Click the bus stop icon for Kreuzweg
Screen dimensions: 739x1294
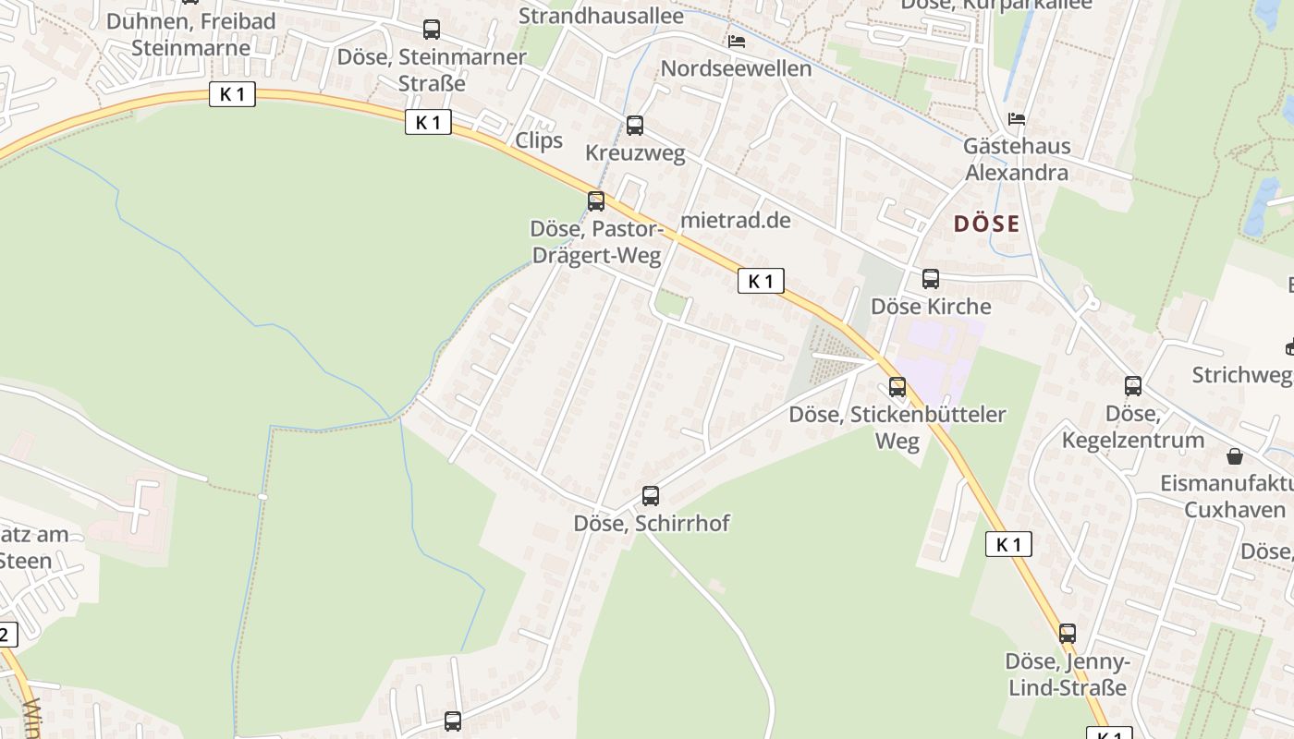635,126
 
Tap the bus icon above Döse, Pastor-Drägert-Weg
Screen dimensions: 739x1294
596,200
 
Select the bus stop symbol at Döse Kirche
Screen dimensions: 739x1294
931,278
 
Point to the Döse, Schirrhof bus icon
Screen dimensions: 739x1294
651,496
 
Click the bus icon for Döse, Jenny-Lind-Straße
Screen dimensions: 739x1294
1068,634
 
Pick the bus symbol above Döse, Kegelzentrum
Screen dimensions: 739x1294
1133,386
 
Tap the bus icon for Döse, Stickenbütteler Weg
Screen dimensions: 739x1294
897,387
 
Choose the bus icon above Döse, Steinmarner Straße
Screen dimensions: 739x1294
432,30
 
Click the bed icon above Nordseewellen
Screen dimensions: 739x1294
737,42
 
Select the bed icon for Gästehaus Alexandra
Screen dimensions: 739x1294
1017,119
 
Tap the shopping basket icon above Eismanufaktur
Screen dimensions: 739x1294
1235,456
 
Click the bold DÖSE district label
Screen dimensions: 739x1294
986,224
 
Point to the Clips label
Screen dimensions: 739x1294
539,140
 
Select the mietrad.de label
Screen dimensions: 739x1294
736,220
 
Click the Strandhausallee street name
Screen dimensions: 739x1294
601,16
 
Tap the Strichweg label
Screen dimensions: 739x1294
1241,374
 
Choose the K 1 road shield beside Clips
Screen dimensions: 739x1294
428,122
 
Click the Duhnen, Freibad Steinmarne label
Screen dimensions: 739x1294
191,34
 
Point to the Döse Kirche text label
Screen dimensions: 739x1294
931,306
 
